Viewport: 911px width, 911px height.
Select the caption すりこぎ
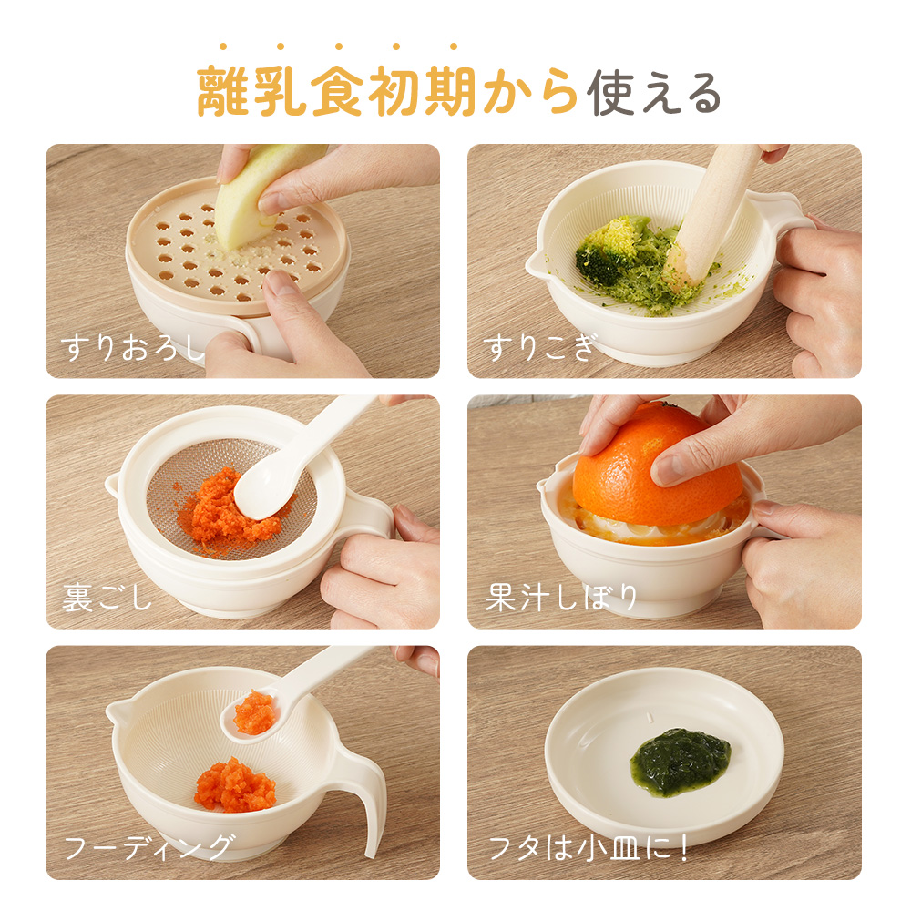tap(539, 347)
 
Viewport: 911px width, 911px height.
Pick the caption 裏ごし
tap(107, 598)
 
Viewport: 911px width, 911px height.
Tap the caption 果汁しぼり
tap(561, 598)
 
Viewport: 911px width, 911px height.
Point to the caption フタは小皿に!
tap(589, 848)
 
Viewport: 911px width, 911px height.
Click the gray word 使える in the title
tap(653, 93)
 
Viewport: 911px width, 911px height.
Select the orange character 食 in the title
tap(338, 91)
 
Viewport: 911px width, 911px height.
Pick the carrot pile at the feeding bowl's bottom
tap(235, 785)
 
